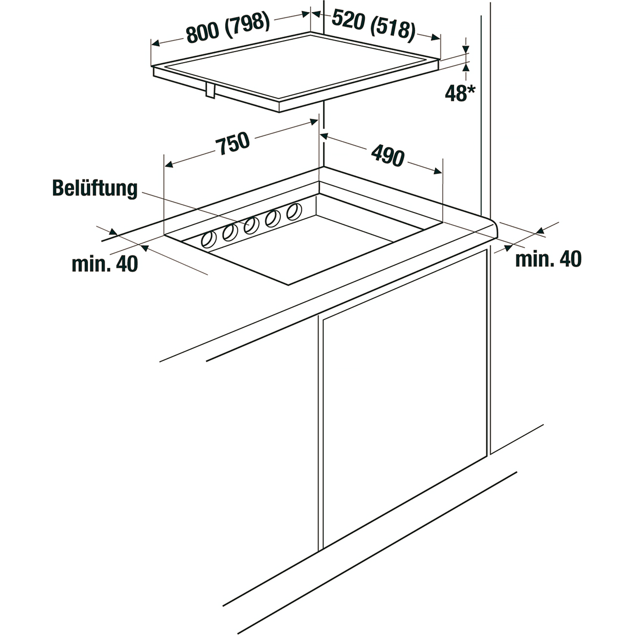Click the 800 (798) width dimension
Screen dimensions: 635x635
tap(228, 28)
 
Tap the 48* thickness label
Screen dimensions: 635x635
tap(456, 93)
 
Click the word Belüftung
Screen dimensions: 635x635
tap(95, 189)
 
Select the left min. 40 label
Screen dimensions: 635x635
tap(105, 264)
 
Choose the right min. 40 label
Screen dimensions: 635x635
tap(548, 259)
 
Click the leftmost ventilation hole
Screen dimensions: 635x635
tap(209, 239)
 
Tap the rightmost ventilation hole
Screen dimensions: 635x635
tap(294, 212)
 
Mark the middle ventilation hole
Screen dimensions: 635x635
tap(251, 226)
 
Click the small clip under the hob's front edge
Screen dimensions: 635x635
tap(210, 91)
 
